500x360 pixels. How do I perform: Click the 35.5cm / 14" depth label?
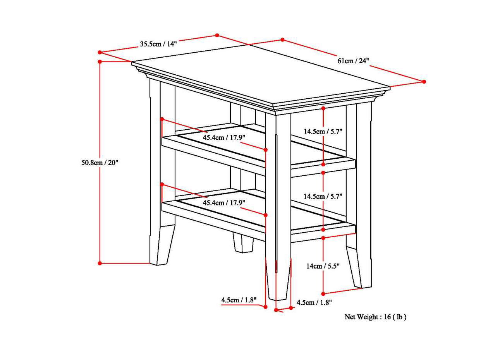(x=158, y=44)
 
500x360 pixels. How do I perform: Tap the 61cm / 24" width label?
(x=353, y=61)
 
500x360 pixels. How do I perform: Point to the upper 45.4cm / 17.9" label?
(x=224, y=137)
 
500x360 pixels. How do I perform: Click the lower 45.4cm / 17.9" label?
(x=224, y=202)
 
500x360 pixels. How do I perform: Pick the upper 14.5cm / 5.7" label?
(x=323, y=131)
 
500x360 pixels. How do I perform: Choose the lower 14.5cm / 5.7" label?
(x=323, y=196)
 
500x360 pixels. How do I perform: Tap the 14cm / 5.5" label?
(x=323, y=266)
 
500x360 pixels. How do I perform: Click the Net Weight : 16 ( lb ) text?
(x=375, y=317)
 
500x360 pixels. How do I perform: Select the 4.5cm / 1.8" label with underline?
(x=239, y=300)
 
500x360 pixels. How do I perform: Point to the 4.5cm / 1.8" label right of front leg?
(x=314, y=303)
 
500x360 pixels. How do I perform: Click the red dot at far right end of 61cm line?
(x=424, y=82)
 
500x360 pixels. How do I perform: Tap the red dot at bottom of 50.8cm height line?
(x=100, y=263)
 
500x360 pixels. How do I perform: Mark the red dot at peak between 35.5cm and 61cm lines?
(x=217, y=35)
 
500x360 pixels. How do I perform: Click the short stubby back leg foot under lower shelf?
(x=243, y=243)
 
